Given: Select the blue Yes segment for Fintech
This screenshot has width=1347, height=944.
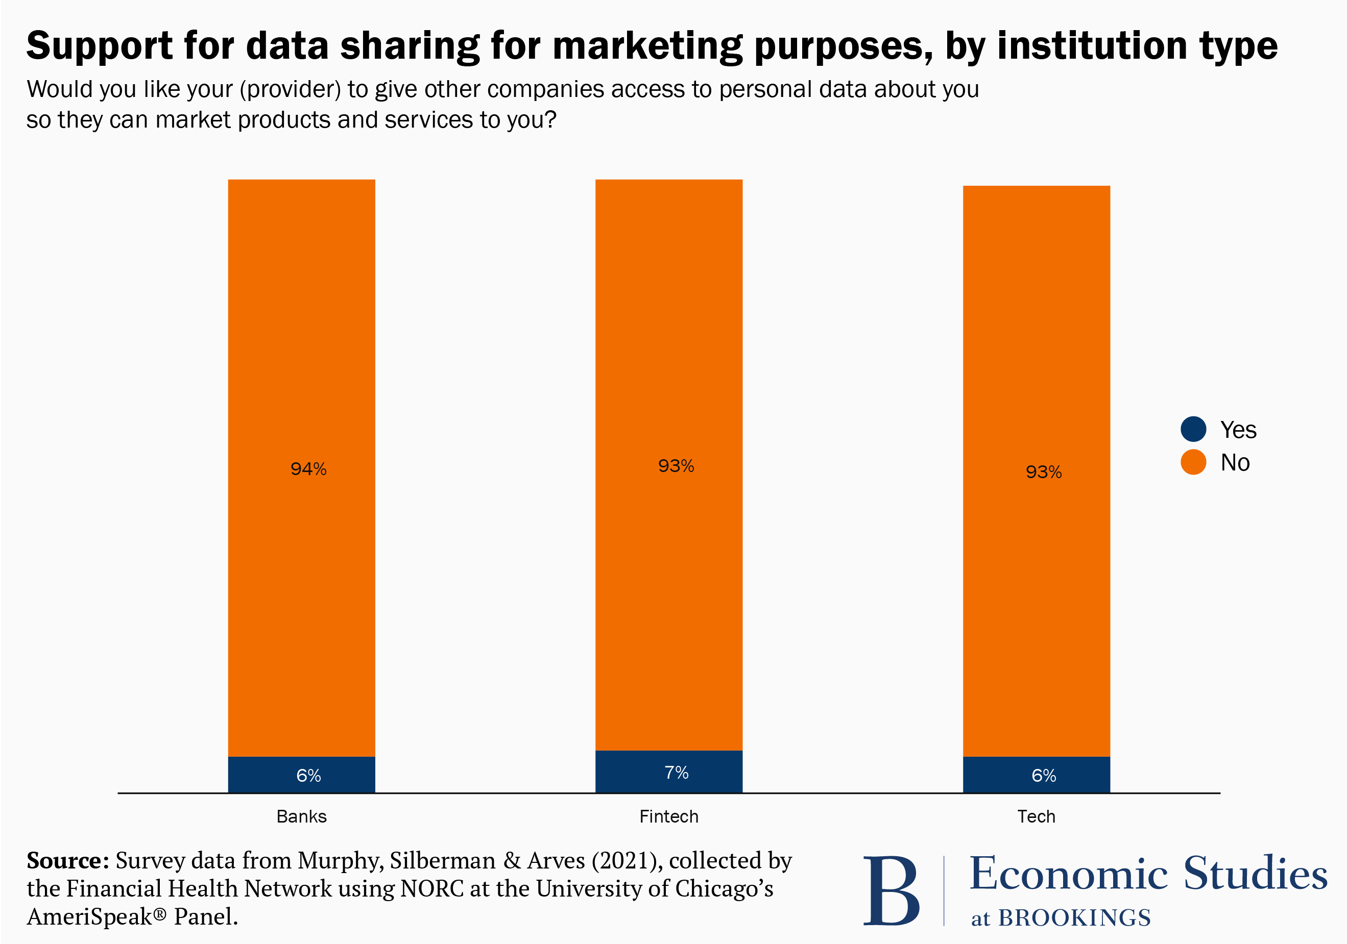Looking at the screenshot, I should coord(669,772).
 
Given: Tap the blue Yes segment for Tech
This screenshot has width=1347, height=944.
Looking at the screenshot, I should coord(1036,775).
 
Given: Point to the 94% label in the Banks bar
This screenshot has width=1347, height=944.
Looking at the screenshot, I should coord(308,468).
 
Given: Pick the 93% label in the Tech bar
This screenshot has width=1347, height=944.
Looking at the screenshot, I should coord(1043,472).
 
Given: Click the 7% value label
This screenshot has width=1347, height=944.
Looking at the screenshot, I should coord(677,772).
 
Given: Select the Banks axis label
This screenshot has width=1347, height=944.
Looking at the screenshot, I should coord(302,816).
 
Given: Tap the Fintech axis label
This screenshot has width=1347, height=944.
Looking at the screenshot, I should coord(669,816).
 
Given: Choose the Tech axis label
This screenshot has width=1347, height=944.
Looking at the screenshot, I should coord(1036,816).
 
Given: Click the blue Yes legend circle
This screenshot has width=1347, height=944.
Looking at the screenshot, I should coord(1193,429).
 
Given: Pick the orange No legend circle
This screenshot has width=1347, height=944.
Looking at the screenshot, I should coord(1193,462).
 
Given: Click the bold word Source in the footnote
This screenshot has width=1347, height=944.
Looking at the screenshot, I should coord(64,861).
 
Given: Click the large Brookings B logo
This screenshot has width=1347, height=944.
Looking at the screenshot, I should coord(891,890).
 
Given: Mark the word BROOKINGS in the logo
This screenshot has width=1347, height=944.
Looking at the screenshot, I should coord(1074,918).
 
